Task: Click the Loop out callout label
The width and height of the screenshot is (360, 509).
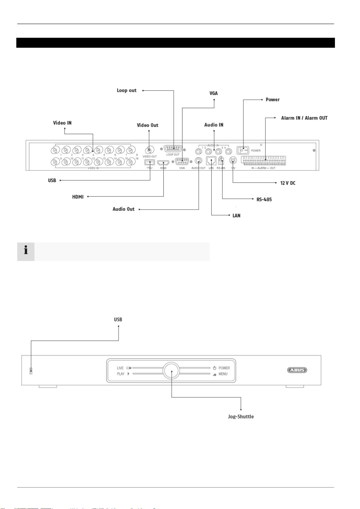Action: [127, 90]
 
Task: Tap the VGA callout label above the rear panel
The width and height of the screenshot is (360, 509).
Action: [214, 93]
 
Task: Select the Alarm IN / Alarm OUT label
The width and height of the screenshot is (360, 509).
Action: [304, 118]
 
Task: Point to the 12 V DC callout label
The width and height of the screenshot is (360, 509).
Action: [288, 183]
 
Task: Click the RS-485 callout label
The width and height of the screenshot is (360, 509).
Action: [264, 199]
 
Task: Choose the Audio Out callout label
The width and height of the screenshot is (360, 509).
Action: [124, 209]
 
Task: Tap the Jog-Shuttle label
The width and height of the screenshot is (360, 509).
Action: [241, 417]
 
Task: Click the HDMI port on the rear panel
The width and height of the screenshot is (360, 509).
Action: [163, 163]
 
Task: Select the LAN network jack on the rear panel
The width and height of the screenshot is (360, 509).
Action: [211, 161]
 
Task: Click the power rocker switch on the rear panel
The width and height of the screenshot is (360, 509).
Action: [243, 150]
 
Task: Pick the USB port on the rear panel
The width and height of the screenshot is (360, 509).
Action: [150, 163]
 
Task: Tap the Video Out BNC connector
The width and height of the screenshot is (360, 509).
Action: [149, 150]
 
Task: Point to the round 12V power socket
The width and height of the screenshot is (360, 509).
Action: [233, 161]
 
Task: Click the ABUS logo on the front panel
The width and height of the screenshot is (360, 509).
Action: [297, 370]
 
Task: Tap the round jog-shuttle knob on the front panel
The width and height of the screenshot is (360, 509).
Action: [171, 371]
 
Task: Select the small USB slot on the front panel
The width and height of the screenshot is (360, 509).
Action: [31, 371]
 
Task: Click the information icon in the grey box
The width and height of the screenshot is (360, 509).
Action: [26, 250]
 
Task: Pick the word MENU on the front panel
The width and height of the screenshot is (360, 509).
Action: [223, 374]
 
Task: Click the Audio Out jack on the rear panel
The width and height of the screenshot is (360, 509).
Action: [198, 161]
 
